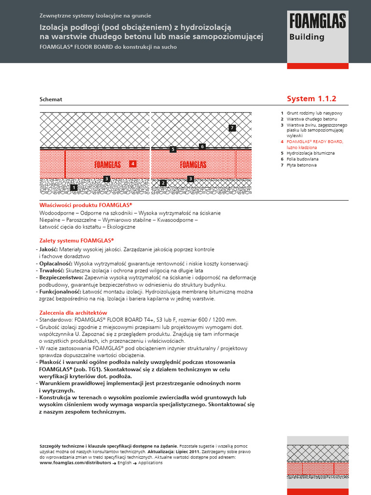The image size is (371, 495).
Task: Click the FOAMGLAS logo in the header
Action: click(x=317, y=21)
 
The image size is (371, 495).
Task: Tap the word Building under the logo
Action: click(x=307, y=37)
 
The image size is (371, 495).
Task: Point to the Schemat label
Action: click(x=51, y=99)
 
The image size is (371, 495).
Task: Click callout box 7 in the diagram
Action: click(x=232, y=128)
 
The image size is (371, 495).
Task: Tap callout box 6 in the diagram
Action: click(x=202, y=146)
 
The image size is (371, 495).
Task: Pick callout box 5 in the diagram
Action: click(x=173, y=150)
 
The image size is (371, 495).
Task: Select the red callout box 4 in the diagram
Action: click(x=133, y=164)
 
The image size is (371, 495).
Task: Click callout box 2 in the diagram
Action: click(x=163, y=183)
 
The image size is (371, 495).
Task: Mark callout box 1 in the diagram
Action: click(x=73, y=187)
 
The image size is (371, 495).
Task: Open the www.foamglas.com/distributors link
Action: click(x=73, y=463)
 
